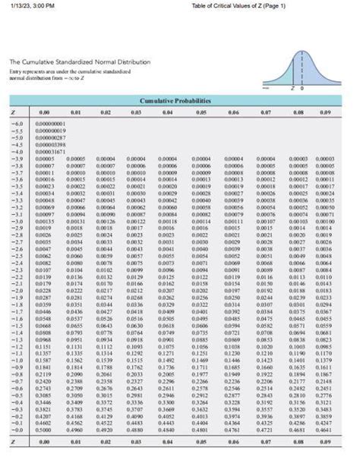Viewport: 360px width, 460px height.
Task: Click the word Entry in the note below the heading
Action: point(16,71)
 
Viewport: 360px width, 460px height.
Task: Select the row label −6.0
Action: point(18,121)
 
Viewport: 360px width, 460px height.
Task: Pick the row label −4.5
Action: point(18,142)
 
